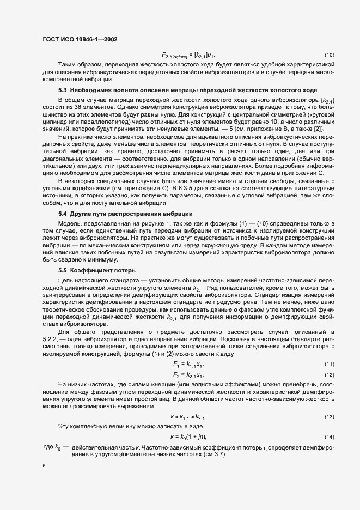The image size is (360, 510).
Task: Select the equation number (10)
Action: tap(329, 56)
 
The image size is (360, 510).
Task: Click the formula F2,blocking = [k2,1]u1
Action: tap(188, 56)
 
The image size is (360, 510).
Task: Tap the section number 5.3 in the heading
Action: tap(63, 89)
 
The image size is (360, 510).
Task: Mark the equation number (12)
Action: tap(329, 375)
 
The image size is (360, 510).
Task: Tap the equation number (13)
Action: tap(329, 417)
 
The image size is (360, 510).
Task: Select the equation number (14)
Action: tap(329, 437)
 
